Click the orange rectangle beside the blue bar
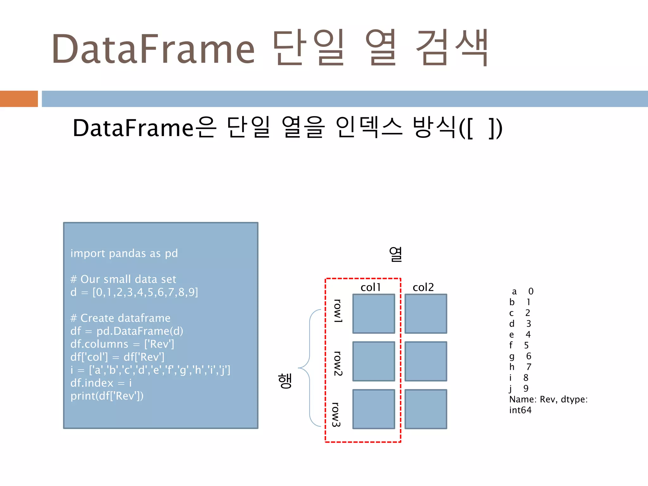pyautogui.click(x=19, y=99)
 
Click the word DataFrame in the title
pyautogui.click(x=153, y=49)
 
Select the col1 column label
pyautogui.click(x=371, y=287)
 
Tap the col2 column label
pyautogui.click(x=423, y=287)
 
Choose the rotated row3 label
pyautogui.click(x=336, y=414)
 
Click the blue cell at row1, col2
pyautogui.click(x=426, y=314)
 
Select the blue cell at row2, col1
pyautogui.click(x=374, y=361)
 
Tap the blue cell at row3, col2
pyautogui.click(x=426, y=409)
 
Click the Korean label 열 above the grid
pyautogui.click(x=396, y=254)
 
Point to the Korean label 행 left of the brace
pyautogui.click(x=285, y=381)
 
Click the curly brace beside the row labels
pyautogui.click(x=308, y=368)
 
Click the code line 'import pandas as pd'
pyautogui.click(x=124, y=253)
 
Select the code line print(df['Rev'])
pyautogui.click(x=107, y=396)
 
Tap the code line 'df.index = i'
pyautogui.click(x=101, y=383)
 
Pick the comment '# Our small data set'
pyautogui.click(x=123, y=279)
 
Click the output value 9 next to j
pyautogui.click(x=526, y=388)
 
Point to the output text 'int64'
pyautogui.click(x=520, y=410)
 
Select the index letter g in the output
pyautogui.click(x=512, y=357)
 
